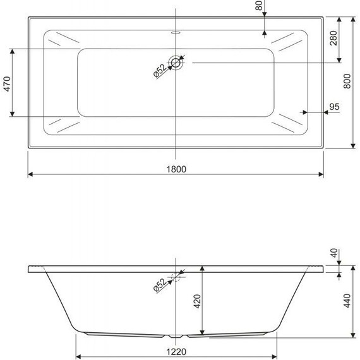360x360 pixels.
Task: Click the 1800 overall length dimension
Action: tap(176, 169)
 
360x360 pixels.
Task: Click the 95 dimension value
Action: tap(334, 106)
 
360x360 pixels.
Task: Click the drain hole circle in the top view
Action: tap(176, 62)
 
